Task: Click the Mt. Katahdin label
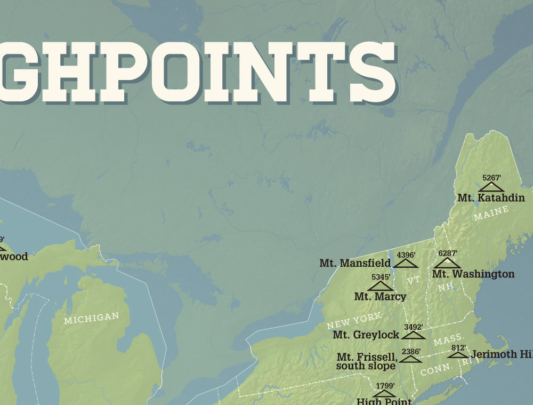pyautogui.click(x=491, y=198)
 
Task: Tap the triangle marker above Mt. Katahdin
pyautogui.click(x=491, y=187)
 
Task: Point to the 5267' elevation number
pyautogui.click(x=491, y=178)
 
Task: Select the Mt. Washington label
pyautogui.click(x=473, y=274)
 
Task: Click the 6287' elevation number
pyautogui.click(x=448, y=253)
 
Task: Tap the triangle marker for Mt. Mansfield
pyautogui.click(x=406, y=263)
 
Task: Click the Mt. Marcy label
pyautogui.click(x=380, y=296)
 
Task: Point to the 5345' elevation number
pyautogui.click(x=381, y=277)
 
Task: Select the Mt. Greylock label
pyautogui.click(x=366, y=335)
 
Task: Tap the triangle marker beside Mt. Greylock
pyautogui.click(x=414, y=335)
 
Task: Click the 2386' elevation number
pyautogui.click(x=411, y=352)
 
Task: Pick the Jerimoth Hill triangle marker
pyautogui.click(x=458, y=354)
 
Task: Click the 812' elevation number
pyautogui.click(x=458, y=348)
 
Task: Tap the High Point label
pyautogui.click(x=384, y=401)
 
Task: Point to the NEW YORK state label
pyautogui.click(x=354, y=321)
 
